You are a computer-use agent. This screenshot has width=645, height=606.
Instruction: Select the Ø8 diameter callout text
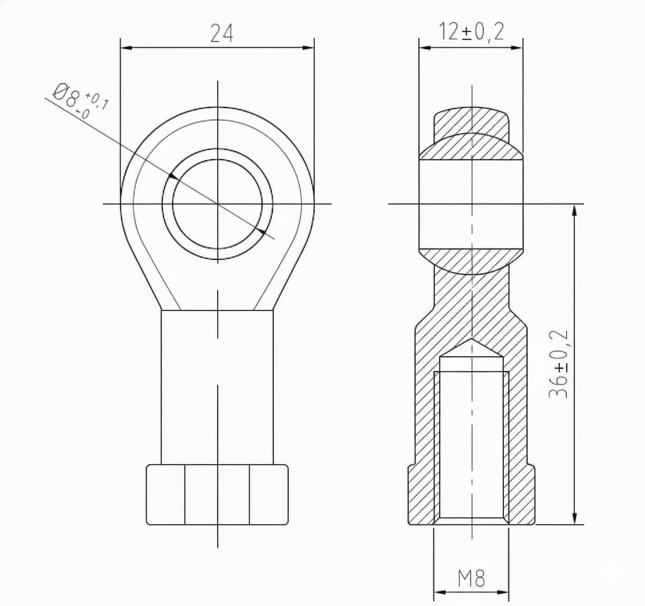pyautogui.click(x=66, y=96)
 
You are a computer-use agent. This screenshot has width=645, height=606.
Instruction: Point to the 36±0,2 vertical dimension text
pyautogui.click(x=559, y=364)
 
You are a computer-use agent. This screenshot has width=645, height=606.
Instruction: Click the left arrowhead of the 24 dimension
pyautogui.click(x=127, y=48)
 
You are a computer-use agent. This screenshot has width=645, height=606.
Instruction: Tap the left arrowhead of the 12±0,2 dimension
pyautogui.click(x=425, y=48)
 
